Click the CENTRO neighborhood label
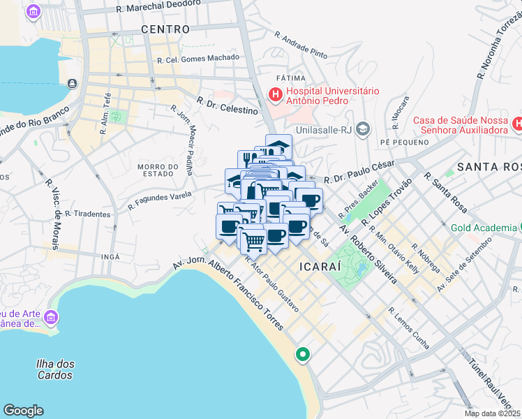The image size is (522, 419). click(x=165, y=29)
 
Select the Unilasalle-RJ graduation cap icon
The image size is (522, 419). click(x=362, y=128)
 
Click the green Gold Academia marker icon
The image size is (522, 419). click(x=520, y=228)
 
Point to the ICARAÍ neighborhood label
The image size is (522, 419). click(x=319, y=267)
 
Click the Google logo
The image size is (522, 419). click(x=23, y=411)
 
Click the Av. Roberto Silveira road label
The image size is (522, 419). click(x=368, y=255)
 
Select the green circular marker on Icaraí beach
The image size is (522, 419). click(x=303, y=355)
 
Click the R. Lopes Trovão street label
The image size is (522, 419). click(x=383, y=203)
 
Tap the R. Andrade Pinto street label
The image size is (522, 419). click(x=301, y=43)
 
